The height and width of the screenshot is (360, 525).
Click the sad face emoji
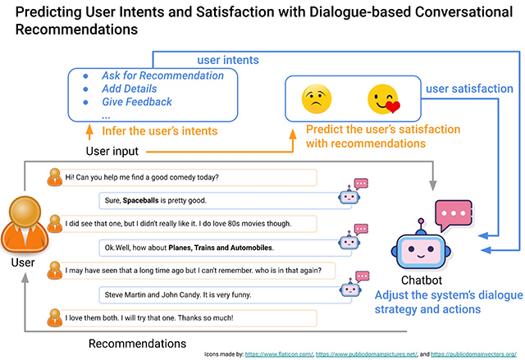click(317, 99)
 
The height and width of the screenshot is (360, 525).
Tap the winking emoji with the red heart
click(384, 99)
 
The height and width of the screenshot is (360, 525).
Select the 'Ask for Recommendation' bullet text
click(162, 75)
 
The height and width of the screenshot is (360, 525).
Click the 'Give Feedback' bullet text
click(137, 102)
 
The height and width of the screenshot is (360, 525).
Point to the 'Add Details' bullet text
click(130, 89)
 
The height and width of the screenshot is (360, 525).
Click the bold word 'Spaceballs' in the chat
click(140, 200)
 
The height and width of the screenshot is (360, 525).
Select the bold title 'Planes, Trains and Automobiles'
click(221, 248)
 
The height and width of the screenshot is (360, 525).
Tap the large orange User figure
click(25, 225)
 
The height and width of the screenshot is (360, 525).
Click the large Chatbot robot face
click(421, 248)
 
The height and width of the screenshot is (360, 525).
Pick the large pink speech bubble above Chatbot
click(454, 214)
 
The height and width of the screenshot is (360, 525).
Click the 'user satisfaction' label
click(469, 89)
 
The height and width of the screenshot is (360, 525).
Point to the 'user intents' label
click(228, 60)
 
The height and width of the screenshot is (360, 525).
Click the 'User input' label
click(112, 151)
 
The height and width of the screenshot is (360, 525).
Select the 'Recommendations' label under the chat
click(137, 344)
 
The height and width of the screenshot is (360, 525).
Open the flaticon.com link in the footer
click(279, 354)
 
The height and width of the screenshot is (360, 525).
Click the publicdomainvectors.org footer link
click(474, 354)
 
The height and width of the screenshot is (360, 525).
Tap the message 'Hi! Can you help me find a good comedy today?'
click(142, 177)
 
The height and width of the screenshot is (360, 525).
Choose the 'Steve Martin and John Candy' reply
click(178, 294)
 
